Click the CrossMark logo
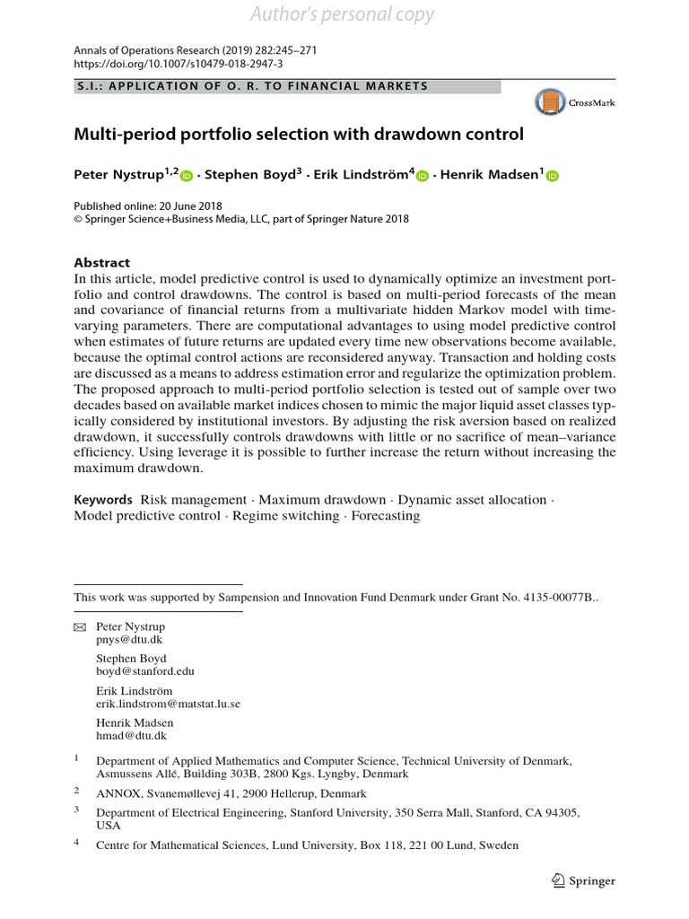coord(574,103)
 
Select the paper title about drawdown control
coord(298,136)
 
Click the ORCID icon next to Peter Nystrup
coord(188,177)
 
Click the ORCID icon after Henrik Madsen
coord(553,177)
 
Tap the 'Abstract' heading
coord(101,263)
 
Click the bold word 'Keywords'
coord(103,500)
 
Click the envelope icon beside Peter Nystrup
coord(79,626)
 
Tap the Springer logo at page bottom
coord(583,880)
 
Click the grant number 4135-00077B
coord(553,597)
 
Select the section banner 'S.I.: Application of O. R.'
coord(251,87)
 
